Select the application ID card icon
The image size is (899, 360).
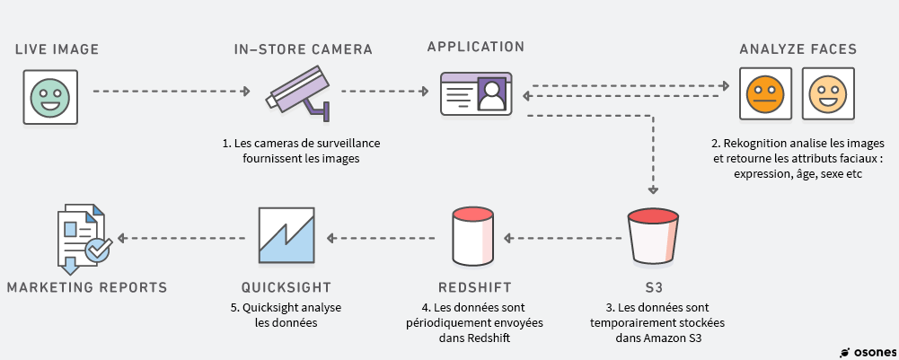476,94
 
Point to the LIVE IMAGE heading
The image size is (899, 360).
57,48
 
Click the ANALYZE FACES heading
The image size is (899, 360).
798,48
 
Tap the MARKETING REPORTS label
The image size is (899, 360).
87,287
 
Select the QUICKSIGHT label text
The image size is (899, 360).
286,287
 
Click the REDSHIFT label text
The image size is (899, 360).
475,287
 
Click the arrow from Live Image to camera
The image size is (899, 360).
171,91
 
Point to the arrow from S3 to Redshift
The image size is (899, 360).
562,238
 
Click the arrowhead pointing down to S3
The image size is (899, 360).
654,189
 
